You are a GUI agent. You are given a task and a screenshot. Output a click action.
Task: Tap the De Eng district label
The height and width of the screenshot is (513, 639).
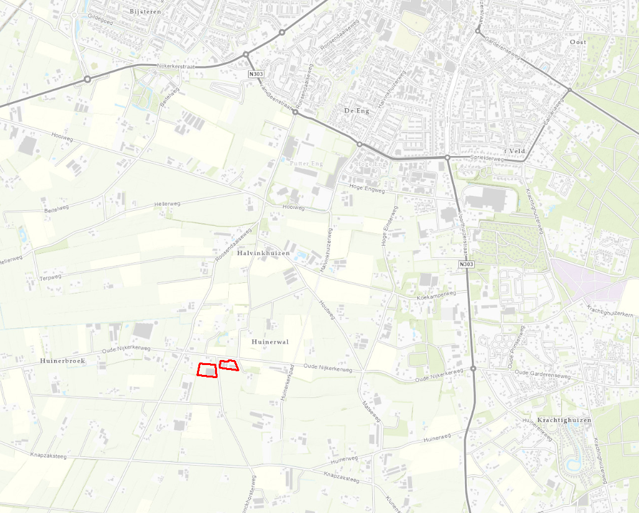356,111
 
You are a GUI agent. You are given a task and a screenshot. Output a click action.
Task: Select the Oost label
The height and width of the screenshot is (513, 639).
577,42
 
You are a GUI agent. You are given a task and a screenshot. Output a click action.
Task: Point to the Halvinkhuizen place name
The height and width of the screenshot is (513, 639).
264,254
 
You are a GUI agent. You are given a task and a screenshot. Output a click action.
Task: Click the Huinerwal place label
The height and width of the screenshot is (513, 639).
270,342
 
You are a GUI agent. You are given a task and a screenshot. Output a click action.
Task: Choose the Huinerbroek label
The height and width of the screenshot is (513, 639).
62,361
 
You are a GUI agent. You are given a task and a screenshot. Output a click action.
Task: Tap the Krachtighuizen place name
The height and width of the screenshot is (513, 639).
564,420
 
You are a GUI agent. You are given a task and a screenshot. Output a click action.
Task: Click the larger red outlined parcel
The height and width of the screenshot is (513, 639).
207,370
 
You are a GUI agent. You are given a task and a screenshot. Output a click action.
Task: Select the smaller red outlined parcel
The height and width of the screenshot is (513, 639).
229,365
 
